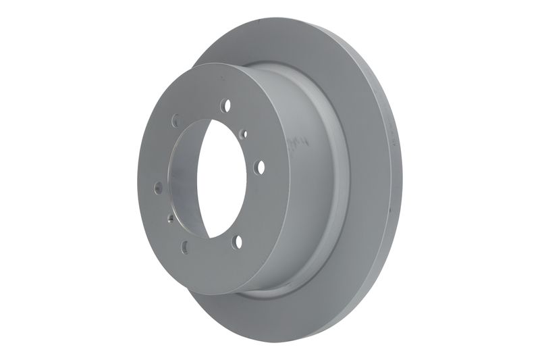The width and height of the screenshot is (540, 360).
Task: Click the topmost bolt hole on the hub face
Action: (225, 105)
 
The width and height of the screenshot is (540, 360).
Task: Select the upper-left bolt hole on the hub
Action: (175, 120)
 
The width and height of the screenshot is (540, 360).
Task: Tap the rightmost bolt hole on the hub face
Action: (259, 167)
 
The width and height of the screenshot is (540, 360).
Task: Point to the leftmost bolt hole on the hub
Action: (158, 187)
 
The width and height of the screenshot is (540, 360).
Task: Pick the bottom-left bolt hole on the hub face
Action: (185, 247)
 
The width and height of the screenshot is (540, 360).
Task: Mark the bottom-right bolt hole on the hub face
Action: (237, 241)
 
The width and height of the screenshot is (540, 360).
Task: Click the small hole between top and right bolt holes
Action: (244, 134)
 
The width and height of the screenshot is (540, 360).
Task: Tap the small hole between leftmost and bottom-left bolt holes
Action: (170, 218)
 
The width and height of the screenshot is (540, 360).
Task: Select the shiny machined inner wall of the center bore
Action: (184, 182)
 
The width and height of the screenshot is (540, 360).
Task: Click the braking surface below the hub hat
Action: (304, 311)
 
